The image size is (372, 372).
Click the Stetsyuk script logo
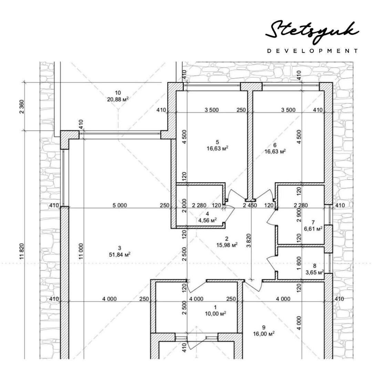(312, 32)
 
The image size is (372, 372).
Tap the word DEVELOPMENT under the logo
(313, 51)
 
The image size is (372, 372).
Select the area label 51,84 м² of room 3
(119, 255)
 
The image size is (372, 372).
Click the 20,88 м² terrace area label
(118, 99)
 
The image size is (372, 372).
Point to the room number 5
(217, 142)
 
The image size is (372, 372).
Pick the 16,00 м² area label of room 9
(264, 334)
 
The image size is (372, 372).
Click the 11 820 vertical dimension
(22, 251)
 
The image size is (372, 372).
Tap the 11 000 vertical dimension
(81, 251)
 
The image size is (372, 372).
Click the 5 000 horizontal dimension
(120, 205)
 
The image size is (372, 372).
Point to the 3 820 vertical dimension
(249, 240)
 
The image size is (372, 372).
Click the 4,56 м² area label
(208, 220)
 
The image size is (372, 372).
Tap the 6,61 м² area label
(313, 229)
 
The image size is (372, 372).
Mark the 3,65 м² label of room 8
(314, 272)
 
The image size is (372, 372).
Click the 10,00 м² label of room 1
(215, 314)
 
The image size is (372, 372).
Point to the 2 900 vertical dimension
(299, 215)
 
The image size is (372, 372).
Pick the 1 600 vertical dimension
(299, 263)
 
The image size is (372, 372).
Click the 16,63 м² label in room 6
(275, 151)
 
